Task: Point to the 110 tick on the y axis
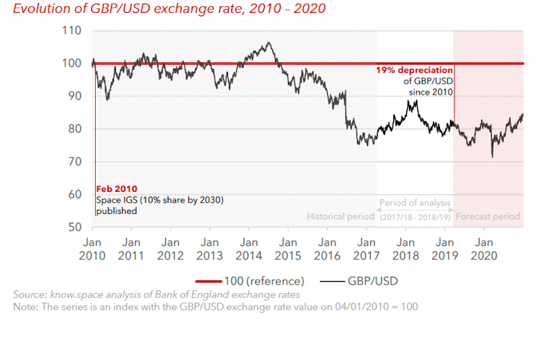72,30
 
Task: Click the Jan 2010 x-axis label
92,249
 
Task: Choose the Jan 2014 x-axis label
249,249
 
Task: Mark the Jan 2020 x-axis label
484,249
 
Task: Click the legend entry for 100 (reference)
250,281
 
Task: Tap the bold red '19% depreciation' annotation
414,71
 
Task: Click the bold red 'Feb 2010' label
116,190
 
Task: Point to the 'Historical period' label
340,217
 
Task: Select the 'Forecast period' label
488,217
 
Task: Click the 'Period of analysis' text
415,203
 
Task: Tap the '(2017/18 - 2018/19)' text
415,217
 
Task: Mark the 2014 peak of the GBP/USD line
269,43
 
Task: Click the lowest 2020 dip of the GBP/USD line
493,157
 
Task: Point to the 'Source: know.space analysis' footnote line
156,295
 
